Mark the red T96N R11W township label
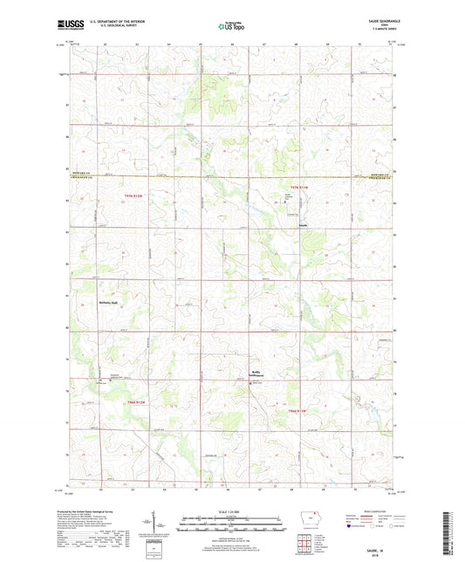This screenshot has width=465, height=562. (x=299, y=409)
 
